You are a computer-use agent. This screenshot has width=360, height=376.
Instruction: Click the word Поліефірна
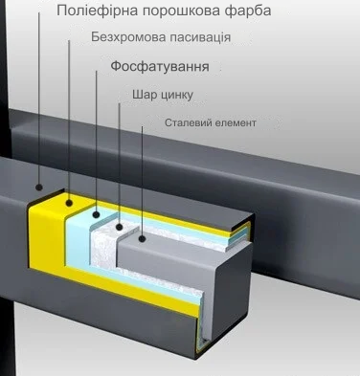[x=94, y=11]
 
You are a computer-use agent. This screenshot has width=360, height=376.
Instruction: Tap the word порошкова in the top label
[x=182, y=11]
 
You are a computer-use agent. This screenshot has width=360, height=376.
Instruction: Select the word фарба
[x=248, y=11]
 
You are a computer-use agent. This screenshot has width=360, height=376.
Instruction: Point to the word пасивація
[x=199, y=38]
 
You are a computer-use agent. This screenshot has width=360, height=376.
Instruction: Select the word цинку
[x=177, y=95]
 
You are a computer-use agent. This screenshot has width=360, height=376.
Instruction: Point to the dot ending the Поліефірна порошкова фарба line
[x=38, y=188]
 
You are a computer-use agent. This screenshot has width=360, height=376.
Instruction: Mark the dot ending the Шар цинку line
[x=119, y=230]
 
